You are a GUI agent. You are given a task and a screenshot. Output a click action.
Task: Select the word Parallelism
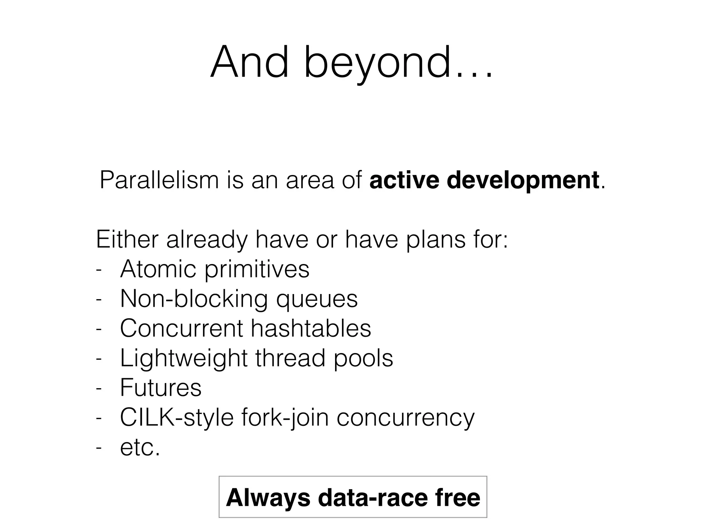coord(159,180)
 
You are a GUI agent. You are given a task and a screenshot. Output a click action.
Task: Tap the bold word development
coord(523,180)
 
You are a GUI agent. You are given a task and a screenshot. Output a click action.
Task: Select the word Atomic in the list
coord(158,269)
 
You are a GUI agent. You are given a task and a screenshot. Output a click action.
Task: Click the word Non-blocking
coord(194,299)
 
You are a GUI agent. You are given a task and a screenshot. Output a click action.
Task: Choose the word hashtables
coord(311,328)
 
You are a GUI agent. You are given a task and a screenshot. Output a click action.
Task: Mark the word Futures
coord(161,387)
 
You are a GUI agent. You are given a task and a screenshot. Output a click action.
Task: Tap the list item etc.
coord(140,448)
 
